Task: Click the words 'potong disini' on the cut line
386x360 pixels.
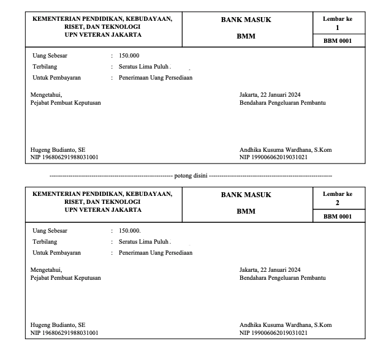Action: (191, 176)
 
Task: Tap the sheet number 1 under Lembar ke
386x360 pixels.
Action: (338, 28)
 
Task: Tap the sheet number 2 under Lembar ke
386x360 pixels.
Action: (338, 203)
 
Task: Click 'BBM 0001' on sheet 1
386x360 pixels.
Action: (338, 42)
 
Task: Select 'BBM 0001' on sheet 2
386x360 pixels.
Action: (338, 216)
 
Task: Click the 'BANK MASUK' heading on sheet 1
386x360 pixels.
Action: (246, 20)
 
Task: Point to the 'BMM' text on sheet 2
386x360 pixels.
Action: (246, 211)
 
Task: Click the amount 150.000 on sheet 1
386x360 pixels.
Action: (129, 56)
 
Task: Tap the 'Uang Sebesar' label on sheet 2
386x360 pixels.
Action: (50, 230)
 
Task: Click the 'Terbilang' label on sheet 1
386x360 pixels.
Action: (45, 67)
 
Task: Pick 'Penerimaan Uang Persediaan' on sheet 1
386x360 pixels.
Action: (156, 78)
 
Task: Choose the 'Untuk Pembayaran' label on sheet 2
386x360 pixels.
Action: (56, 252)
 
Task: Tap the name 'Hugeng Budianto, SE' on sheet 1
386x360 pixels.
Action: (58, 149)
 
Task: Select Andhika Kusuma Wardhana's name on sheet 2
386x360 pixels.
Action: (286, 324)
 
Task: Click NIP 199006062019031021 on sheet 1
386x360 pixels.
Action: (273, 157)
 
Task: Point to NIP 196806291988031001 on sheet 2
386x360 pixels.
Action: (64, 332)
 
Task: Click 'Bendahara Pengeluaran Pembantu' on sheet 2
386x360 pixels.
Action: (282, 277)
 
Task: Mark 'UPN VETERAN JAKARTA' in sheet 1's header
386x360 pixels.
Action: (103, 35)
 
